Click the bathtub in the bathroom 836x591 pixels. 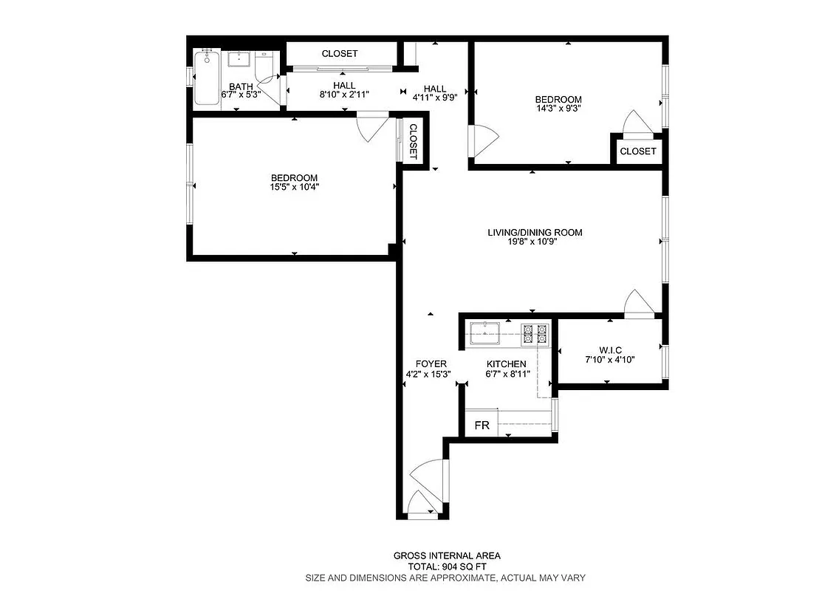[x=206, y=78]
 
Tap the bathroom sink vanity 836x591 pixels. [x=240, y=59]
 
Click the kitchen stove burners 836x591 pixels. [x=535, y=335]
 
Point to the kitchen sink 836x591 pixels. [x=484, y=332]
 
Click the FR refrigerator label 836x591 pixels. [x=482, y=426]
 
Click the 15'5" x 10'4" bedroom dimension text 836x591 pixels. [x=294, y=188]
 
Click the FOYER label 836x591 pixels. [x=431, y=363]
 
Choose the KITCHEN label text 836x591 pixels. [x=506, y=364]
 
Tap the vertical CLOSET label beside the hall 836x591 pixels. [x=413, y=141]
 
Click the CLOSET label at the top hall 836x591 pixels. [x=340, y=54]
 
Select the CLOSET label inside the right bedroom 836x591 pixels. [x=637, y=151]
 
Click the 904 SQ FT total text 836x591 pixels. [x=447, y=567]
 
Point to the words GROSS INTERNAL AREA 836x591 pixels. [x=447, y=556]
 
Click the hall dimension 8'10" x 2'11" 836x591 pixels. [x=343, y=95]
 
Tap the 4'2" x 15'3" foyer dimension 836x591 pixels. [x=428, y=374]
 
